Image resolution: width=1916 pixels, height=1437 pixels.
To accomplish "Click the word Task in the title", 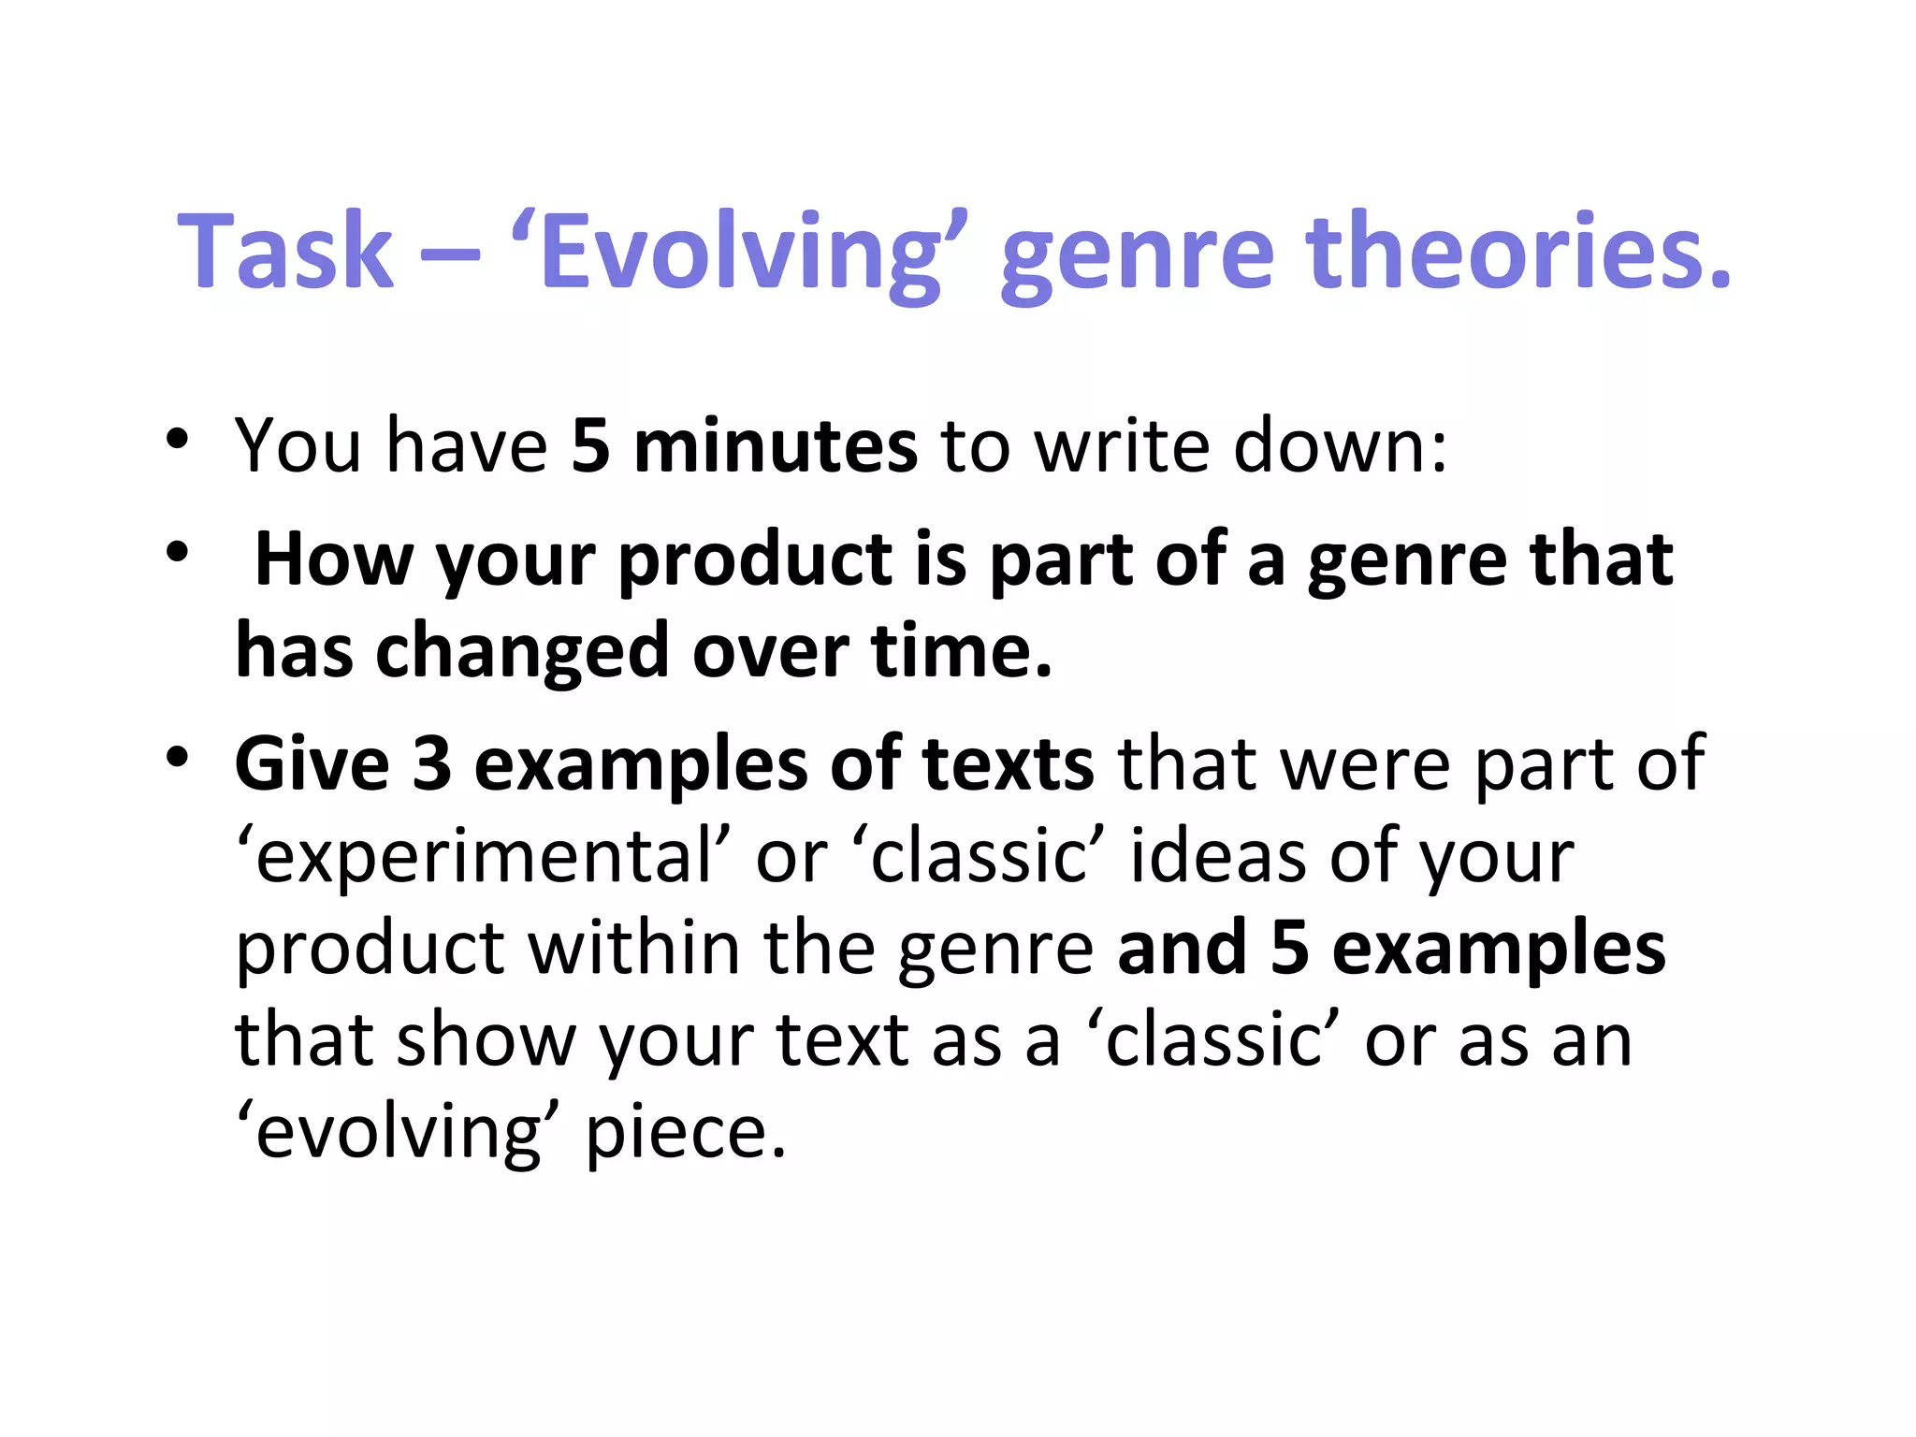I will pos(285,251).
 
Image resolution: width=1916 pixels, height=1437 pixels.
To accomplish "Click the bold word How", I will pos(333,559).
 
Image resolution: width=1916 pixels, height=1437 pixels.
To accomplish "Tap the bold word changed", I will pos(521,651).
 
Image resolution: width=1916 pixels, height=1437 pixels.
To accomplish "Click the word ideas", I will pos(1216,857).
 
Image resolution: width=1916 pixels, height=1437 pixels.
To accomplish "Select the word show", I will pos(486,1040).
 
